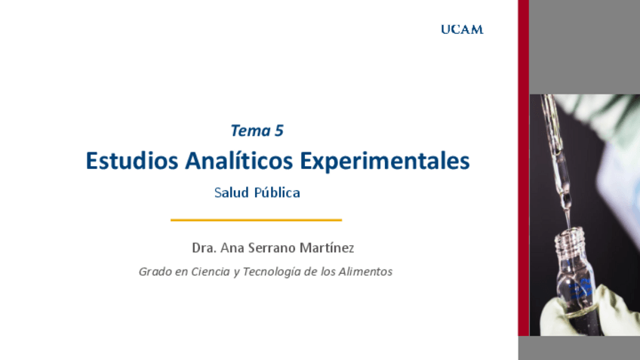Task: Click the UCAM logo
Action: click(x=462, y=29)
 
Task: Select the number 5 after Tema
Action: click(x=279, y=131)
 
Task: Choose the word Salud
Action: click(x=230, y=192)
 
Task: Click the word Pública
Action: click(x=277, y=192)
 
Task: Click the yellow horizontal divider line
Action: click(x=256, y=220)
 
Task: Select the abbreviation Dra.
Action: click(x=204, y=248)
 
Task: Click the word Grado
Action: click(x=154, y=272)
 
